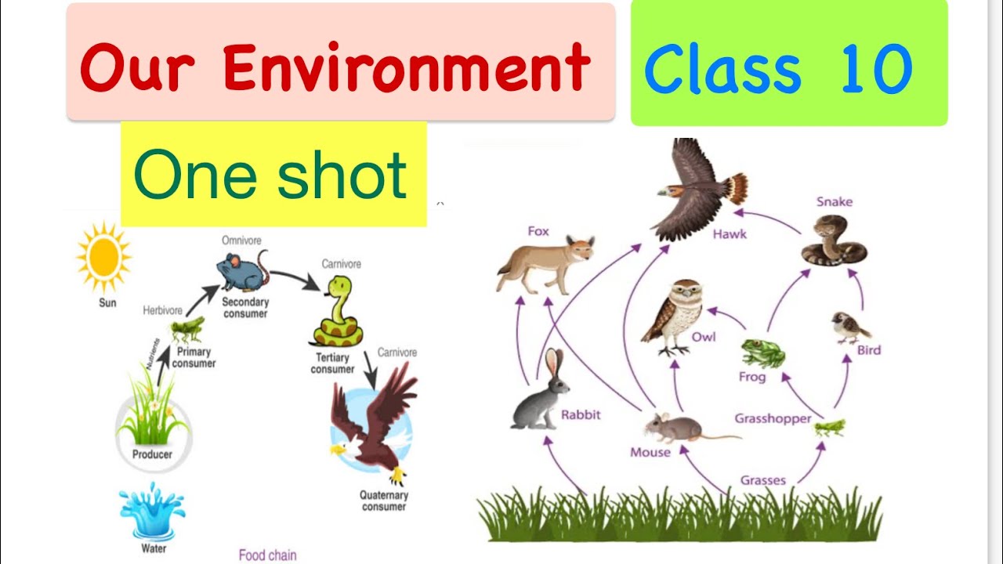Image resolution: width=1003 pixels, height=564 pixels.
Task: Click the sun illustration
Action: [x=103, y=257]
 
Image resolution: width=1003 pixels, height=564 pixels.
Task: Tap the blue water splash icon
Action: [x=152, y=511]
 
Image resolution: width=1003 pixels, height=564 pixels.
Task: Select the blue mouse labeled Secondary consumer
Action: [x=241, y=271]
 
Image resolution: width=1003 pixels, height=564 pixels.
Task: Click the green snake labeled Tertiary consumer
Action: [x=335, y=314]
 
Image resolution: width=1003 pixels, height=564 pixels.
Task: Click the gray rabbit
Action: [x=541, y=393]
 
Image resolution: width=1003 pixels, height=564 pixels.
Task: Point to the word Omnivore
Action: [x=241, y=240]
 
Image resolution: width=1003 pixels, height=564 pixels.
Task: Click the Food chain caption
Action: [x=268, y=555]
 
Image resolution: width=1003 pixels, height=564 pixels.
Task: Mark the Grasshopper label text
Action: [x=773, y=418]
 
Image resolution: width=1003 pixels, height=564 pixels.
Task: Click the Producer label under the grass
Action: [x=152, y=454]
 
